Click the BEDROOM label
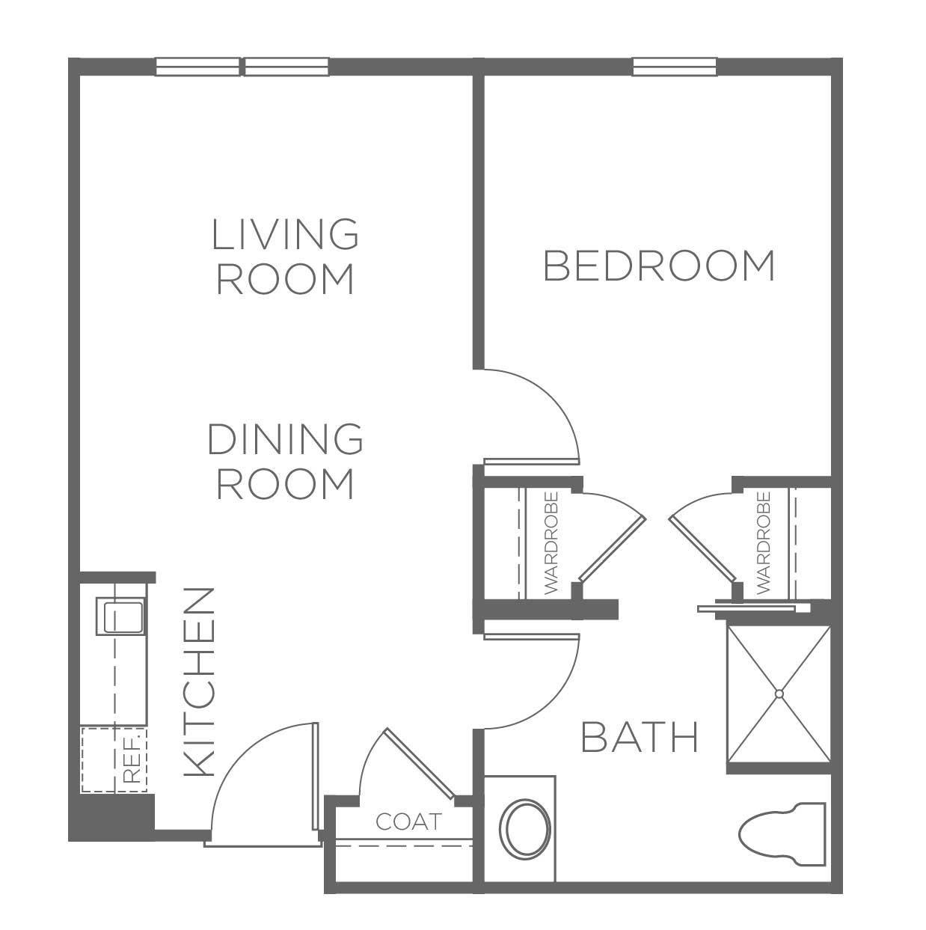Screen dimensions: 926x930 click(659, 266)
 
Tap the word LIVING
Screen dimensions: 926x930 click(285, 234)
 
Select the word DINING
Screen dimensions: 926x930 click(285, 439)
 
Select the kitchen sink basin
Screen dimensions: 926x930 click(120, 617)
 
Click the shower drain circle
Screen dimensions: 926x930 click(779, 694)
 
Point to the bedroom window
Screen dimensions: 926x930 click(675, 67)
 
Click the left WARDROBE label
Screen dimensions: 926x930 click(551, 543)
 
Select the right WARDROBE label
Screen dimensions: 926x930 click(763, 543)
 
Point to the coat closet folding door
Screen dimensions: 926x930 click(419, 762)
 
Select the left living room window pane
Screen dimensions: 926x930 click(197, 67)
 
